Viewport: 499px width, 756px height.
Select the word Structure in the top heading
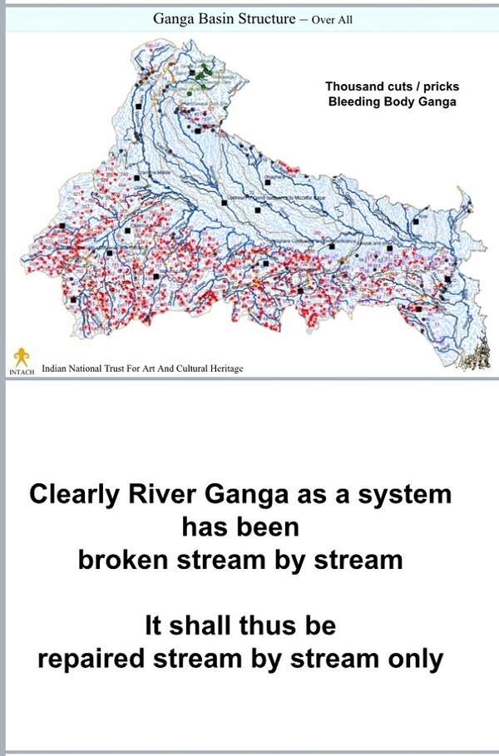tap(265, 18)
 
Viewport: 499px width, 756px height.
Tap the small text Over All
tap(332, 19)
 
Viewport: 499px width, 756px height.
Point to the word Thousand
tap(353, 86)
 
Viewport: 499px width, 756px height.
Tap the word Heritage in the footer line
tap(224, 368)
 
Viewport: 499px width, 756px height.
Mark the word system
tap(403, 495)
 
